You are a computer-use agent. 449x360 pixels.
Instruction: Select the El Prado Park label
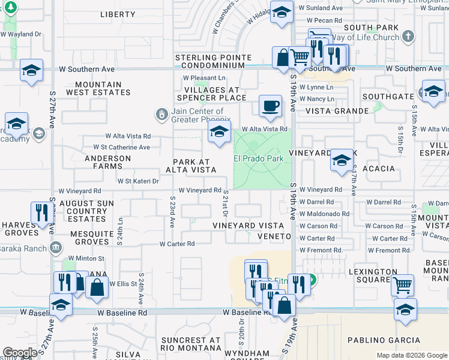(x=258, y=159)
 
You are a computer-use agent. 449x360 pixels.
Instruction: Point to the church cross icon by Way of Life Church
(x=408, y=37)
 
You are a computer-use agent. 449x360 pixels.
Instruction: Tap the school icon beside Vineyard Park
(x=342, y=160)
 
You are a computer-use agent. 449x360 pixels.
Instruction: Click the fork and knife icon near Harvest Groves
(x=42, y=212)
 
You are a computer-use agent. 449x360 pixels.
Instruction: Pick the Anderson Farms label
(x=108, y=163)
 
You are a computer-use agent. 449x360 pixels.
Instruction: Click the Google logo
(x=20, y=353)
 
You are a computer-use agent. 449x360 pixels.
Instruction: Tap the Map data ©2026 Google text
(x=411, y=355)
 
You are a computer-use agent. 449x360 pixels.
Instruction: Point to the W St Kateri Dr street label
(x=138, y=181)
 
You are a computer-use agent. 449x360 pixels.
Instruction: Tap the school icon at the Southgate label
(x=433, y=92)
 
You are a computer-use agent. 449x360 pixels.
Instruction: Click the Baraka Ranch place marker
(x=55, y=247)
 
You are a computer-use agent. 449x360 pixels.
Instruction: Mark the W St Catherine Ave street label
(x=121, y=148)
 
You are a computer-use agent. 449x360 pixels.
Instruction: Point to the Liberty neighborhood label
(x=118, y=14)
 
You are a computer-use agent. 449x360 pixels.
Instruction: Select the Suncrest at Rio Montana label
(x=191, y=344)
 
